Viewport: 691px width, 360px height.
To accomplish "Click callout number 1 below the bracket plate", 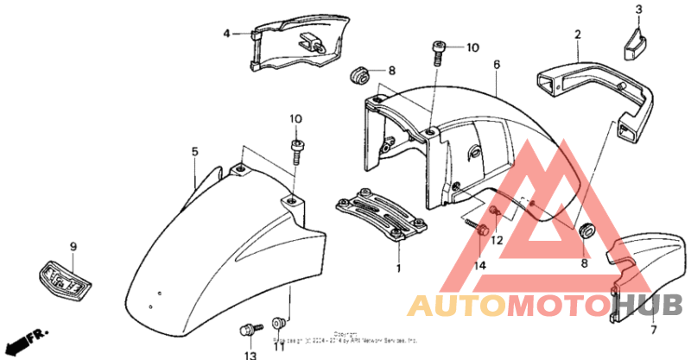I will (x=400, y=268).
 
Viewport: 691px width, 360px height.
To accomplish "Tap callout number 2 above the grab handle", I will (x=578, y=35).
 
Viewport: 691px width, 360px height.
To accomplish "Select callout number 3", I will (x=639, y=10).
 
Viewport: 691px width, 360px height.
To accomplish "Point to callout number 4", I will (x=227, y=34).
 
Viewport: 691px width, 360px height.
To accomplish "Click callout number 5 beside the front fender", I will (x=195, y=151).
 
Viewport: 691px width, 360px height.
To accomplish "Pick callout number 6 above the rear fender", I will (x=498, y=65).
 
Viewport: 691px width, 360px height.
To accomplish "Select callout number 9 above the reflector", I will (x=73, y=247).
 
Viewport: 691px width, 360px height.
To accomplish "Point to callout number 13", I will (x=249, y=356).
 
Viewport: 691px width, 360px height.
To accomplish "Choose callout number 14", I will (x=480, y=264).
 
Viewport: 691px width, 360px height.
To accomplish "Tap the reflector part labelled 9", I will (x=63, y=279).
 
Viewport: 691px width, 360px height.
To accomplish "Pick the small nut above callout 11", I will (x=278, y=322).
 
